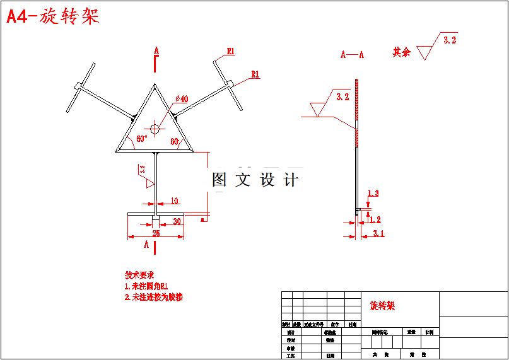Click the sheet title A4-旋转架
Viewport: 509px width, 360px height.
(53, 17)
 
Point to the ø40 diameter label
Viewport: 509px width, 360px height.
(182, 98)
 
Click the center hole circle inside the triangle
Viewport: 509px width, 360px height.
(156, 129)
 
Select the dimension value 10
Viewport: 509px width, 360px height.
(174, 201)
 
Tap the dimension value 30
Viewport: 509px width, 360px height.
(177, 221)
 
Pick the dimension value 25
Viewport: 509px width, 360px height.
(156, 233)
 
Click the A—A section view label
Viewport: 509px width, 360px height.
(352, 55)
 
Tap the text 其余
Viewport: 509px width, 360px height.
(402, 52)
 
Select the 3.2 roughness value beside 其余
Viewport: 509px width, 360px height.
(450, 40)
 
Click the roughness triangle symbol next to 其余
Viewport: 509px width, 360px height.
(427, 50)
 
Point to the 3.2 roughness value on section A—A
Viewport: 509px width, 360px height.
(342, 97)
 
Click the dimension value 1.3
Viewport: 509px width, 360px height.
(373, 193)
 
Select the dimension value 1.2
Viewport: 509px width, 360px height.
(375, 219)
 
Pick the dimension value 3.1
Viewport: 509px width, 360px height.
(378, 233)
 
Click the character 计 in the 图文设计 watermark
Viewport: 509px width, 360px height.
(291, 180)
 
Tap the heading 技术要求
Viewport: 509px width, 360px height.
(139, 275)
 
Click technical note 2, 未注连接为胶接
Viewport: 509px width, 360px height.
(154, 297)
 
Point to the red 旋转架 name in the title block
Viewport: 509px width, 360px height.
(382, 306)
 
